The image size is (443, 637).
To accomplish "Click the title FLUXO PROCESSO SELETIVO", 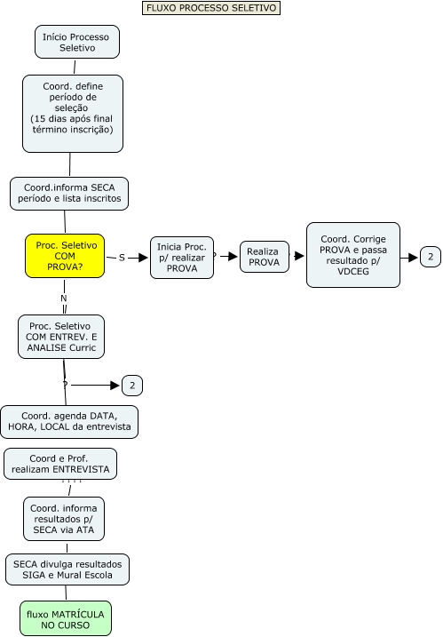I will (x=210, y=8).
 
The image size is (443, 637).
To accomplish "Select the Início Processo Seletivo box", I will (x=76, y=42).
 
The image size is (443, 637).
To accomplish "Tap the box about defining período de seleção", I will (x=72, y=113).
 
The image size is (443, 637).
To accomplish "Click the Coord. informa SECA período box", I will (x=69, y=193).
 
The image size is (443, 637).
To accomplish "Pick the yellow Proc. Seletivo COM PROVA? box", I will (x=65, y=257).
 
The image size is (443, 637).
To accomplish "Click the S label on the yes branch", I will (x=121, y=257).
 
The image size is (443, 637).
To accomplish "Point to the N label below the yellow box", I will (x=63, y=299).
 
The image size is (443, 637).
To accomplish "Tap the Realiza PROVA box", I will (x=263, y=257).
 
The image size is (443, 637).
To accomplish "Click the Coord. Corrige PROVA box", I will (x=352, y=255).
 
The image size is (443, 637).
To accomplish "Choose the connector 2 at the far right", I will (x=430, y=257).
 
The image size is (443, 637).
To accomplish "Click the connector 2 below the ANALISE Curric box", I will (x=132, y=386).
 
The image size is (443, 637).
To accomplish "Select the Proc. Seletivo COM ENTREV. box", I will (x=61, y=337).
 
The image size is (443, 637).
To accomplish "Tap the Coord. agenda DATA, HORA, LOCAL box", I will (x=69, y=422).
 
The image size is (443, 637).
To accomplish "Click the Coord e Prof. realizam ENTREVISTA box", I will (x=61, y=464).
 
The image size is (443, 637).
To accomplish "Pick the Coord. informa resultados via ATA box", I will (x=63, y=518).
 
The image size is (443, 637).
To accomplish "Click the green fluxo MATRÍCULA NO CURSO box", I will (x=67, y=618).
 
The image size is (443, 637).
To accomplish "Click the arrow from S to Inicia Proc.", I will (x=138, y=257).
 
